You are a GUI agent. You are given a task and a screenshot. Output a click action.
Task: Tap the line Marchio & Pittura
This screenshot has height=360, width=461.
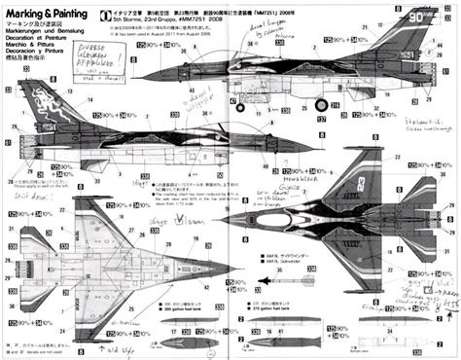click(x=32, y=50)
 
